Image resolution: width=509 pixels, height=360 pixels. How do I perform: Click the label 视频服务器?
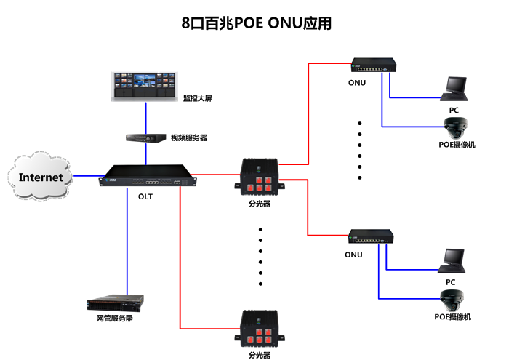189,137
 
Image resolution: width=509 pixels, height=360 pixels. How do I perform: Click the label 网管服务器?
114,318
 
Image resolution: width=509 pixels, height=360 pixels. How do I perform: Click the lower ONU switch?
371,238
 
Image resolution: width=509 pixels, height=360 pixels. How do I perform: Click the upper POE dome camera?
455,128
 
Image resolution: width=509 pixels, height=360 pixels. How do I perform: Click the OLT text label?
145,195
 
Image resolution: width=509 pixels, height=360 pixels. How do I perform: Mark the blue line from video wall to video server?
145,116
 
